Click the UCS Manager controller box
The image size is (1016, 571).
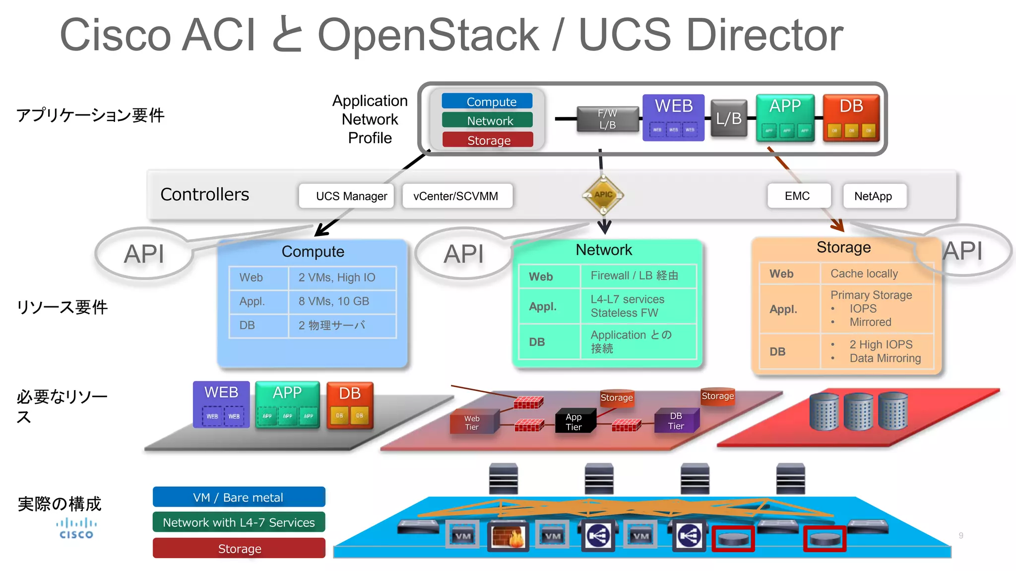coord(346,196)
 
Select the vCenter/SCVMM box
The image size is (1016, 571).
coord(456,196)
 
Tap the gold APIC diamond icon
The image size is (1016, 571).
coord(603,195)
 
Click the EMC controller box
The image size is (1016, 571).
coord(798,196)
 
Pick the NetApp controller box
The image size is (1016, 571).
coord(874,196)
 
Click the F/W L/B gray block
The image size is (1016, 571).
coord(607,119)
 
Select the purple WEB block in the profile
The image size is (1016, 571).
coord(673,117)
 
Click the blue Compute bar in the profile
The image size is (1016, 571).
coord(487,102)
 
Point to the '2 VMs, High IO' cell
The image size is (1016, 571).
coord(342,278)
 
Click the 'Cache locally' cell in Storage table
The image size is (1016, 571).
coord(876,274)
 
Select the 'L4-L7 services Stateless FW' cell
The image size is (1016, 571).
coord(638,306)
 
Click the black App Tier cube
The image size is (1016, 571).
coord(574,422)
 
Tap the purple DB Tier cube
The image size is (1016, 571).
coord(677,421)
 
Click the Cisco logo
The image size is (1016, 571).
coord(76,528)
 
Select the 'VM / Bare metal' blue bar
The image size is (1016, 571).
coord(239,497)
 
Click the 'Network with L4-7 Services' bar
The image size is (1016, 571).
coord(239,522)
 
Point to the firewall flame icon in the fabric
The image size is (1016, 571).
coord(508,536)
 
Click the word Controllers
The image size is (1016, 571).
coord(204,195)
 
